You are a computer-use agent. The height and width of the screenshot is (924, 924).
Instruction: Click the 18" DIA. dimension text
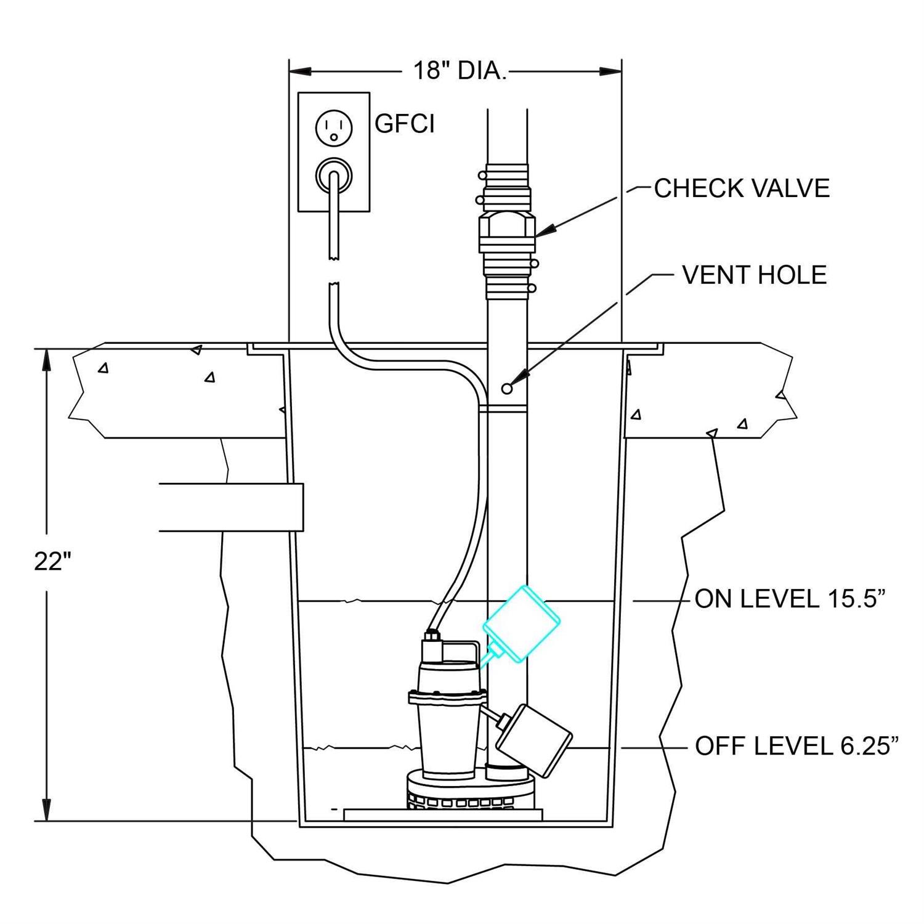tap(459, 71)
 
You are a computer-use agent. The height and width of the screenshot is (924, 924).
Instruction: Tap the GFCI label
tap(404, 124)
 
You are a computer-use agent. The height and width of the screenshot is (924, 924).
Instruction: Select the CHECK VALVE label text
tap(742, 188)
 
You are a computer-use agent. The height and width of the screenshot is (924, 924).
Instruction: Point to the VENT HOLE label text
tap(754, 275)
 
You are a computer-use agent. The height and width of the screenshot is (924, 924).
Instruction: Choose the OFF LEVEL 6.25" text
tap(796, 747)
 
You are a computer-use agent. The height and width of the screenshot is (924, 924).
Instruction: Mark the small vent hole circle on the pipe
tap(507, 388)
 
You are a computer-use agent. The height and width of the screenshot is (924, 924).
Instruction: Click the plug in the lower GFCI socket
tap(333, 176)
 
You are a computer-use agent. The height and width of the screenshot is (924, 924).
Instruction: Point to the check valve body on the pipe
tap(507, 231)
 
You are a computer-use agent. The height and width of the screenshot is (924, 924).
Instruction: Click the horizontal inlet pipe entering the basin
tap(231, 507)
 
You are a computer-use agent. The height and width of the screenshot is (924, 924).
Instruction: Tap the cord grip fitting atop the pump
tap(431, 636)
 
